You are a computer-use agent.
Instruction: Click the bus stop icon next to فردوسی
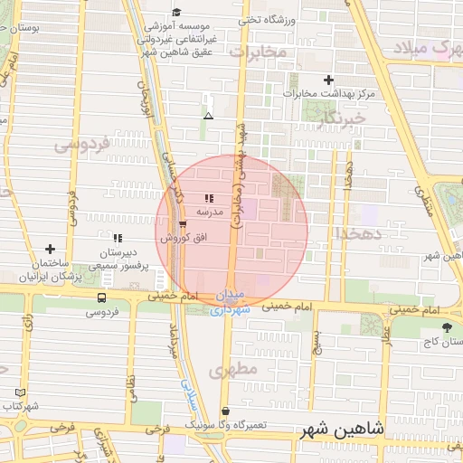tap(101, 297)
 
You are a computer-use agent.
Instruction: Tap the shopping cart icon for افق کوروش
tap(184, 224)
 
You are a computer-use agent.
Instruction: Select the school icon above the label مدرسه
tap(210, 197)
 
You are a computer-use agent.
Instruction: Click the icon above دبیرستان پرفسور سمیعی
tap(118, 238)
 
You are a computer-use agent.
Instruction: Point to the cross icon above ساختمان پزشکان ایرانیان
tap(50, 249)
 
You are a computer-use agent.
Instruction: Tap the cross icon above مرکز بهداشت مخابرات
tap(328, 80)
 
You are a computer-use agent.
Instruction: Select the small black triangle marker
tap(209, 116)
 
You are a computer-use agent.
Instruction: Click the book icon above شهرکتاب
tap(20, 392)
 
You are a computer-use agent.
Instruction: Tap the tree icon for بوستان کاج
tap(446, 326)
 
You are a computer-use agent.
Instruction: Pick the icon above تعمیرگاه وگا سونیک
tap(225, 411)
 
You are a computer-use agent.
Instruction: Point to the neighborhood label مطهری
tap(228, 370)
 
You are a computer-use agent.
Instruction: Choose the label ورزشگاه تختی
tap(265, 18)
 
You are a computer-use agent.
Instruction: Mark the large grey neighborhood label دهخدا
tap(360, 233)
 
